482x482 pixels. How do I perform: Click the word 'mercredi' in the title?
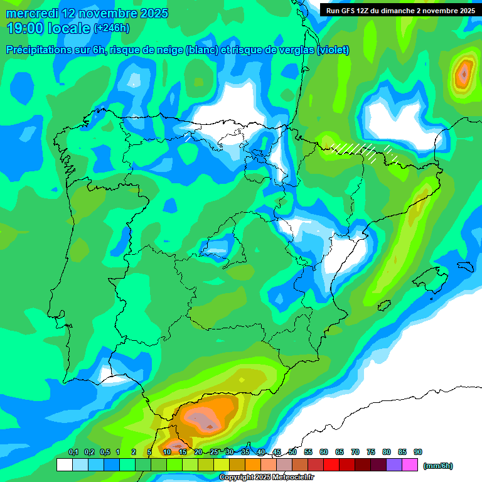point(33,13)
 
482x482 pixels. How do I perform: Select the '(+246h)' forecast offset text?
point(112,28)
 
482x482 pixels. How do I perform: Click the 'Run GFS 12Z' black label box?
point(399,10)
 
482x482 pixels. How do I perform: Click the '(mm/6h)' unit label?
point(437,466)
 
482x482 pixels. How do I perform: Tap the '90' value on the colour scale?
point(418,452)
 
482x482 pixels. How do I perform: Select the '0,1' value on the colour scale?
point(73,452)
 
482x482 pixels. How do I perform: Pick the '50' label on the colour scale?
point(292,452)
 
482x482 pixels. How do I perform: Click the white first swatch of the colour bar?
point(64,465)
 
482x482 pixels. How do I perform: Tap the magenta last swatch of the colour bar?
point(410,465)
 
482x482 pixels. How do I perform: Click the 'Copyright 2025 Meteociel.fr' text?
point(267,477)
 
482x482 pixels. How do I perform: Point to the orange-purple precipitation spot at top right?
point(463,75)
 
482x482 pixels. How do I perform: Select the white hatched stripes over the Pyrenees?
point(355,149)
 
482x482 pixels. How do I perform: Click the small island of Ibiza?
point(383,306)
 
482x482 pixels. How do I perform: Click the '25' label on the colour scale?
point(214,452)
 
